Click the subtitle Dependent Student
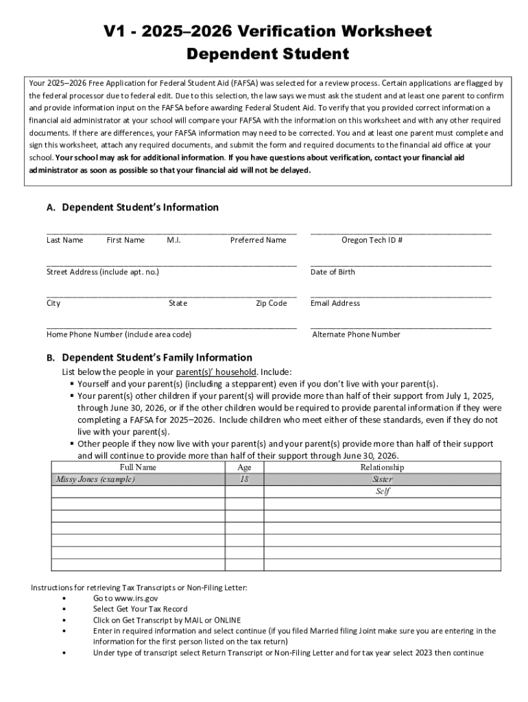pyautogui.click(x=268, y=54)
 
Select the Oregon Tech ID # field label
pyautogui.click(x=372, y=240)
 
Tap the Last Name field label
pyautogui.click(x=64, y=240)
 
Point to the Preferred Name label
pyautogui.click(x=258, y=240)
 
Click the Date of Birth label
pyautogui.click(x=333, y=272)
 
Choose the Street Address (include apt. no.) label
pyautogui.click(x=103, y=272)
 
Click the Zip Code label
pyautogui.click(x=271, y=303)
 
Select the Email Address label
pyautogui.click(x=335, y=303)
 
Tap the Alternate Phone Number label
pyautogui.click(x=356, y=335)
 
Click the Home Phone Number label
pyautogui.click(x=119, y=335)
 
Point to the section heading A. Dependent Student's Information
pyautogui.click(x=132, y=208)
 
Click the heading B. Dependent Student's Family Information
pyautogui.click(x=149, y=358)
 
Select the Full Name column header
pyautogui.click(x=138, y=468)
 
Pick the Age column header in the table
pyautogui.click(x=244, y=468)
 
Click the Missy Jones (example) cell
pyautogui.click(x=95, y=479)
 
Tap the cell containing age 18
pyautogui.click(x=244, y=479)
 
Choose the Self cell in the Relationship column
pyautogui.click(x=382, y=492)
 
